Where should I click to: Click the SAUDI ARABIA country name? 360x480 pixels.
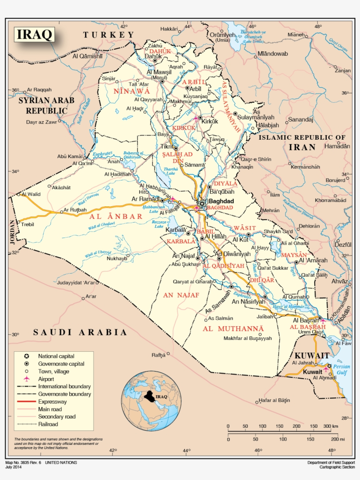[x=80, y=332]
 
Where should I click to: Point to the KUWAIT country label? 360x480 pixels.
[x=312, y=355]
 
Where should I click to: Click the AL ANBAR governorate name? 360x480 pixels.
[x=116, y=216]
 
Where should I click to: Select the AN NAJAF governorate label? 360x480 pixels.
[x=181, y=295]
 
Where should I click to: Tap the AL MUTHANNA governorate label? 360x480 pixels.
[x=239, y=328]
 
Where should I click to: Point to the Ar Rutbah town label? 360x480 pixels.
[x=75, y=210]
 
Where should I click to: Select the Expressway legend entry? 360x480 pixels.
[x=52, y=401]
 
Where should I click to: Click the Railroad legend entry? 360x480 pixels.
[x=48, y=424]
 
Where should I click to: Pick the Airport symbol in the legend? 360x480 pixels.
[x=26, y=379]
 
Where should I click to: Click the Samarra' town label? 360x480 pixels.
[x=195, y=165]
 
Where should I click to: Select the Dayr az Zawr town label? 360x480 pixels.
[x=41, y=122]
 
